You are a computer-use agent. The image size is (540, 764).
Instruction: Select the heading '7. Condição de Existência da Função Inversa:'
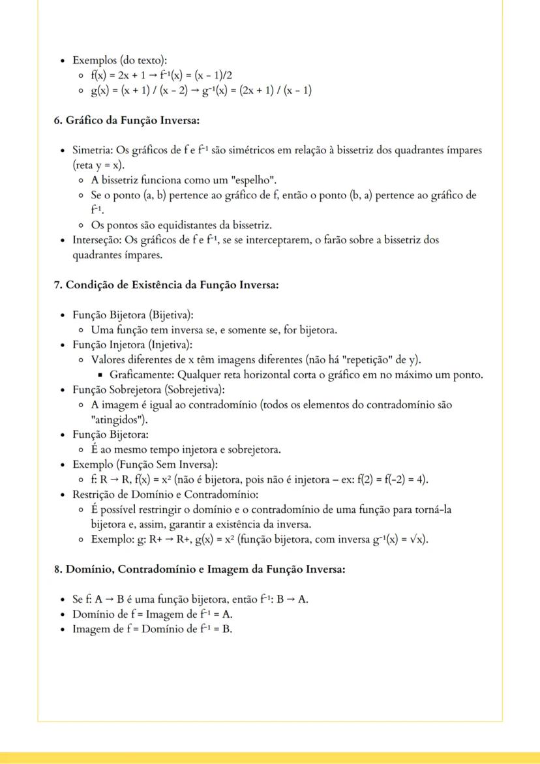pyautogui.click(x=166, y=284)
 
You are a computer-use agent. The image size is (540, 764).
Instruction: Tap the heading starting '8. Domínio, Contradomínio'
pyautogui.click(x=199, y=569)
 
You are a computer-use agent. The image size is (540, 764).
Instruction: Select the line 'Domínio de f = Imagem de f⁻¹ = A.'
pyautogui.click(x=152, y=614)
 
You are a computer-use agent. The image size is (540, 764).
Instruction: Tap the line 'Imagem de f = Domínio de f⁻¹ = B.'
pyautogui.click(x=152, y=629)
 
